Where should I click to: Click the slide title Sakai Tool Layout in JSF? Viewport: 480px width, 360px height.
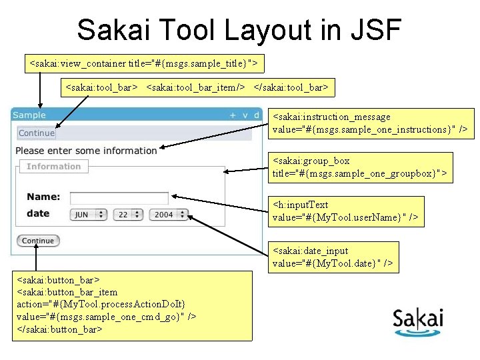pyautogui.click(x=239, y=30)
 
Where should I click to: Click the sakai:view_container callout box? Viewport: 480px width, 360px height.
pyautogui.click(x=145, y=63)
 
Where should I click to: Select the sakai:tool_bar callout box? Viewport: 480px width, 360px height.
pyautogui.click(x=197, y=87)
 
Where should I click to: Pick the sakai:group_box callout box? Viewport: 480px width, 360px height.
pyautogui.click(x=359, y=167)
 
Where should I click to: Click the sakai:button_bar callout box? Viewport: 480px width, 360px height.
pyautogui.click(x=132, y=305)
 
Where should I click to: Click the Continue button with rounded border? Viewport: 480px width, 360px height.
pyautogui.click(x=38, y=241)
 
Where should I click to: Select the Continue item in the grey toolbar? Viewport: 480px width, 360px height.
pyautogui.click(x=37, y=133)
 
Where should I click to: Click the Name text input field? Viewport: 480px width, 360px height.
pyautogui.click(x=119, y=197)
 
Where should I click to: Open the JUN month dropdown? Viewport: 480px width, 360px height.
pyautogui.click(x=88, y=215)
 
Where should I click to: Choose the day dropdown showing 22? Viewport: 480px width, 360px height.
pyautogui.click(x=128, y=215)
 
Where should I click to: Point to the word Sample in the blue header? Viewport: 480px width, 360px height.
pyautogui.click(x=29, y=115)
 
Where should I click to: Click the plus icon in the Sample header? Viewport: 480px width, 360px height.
pyautogui.click(x=233, y=115)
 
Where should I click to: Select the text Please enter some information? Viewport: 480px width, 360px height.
pyautogui.click(x=86, y=151)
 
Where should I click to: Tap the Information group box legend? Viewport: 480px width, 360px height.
pyautogui.click(x=53, y=167)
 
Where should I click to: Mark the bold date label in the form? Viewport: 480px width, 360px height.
pyautogui.click(x=38, y=213)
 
